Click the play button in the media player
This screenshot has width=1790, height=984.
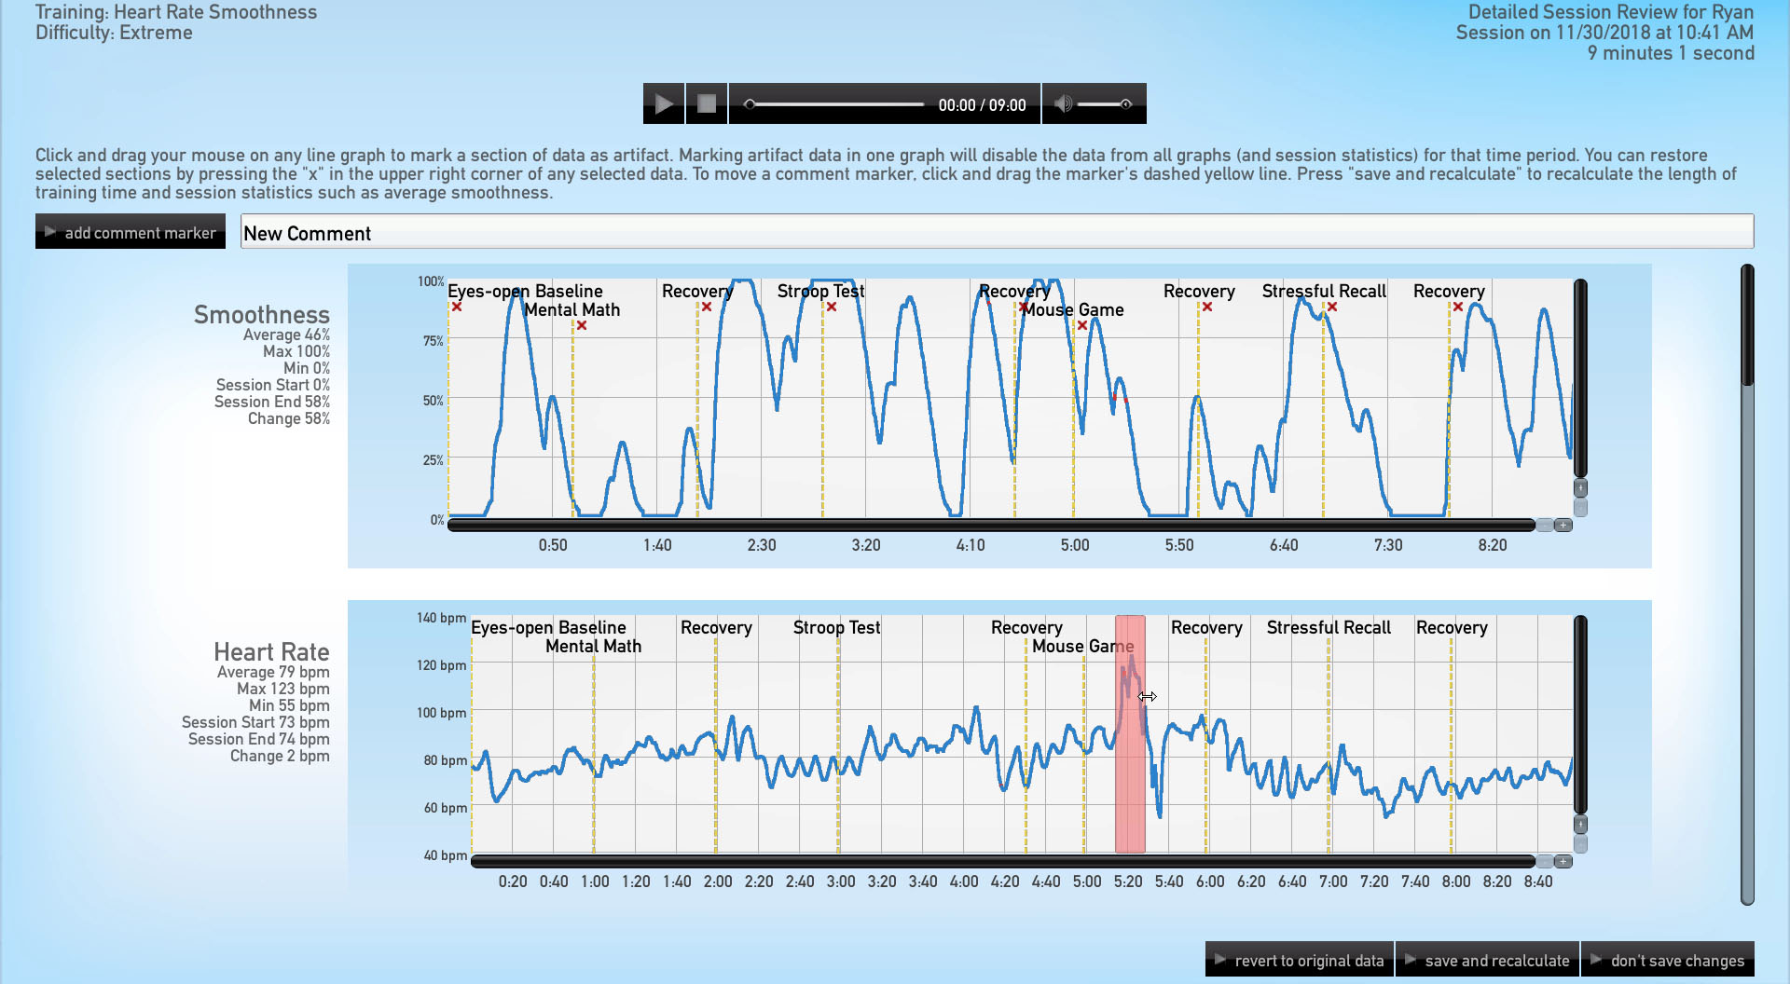663,103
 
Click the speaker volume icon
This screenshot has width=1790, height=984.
1062,103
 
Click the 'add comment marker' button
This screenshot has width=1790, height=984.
131,232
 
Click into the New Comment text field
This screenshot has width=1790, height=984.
996,232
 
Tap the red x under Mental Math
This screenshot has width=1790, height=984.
582,325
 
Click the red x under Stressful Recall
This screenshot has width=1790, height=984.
1332,307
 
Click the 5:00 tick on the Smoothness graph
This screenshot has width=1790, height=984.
1075,545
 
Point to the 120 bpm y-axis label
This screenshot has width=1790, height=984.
441,665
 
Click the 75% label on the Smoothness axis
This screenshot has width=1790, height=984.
433,341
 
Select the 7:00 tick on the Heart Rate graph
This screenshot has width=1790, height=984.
1333,881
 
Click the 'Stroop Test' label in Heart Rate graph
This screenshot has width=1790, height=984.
836,628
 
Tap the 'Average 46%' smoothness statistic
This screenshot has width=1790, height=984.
286,335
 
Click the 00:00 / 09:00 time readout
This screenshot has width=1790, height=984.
982,105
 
